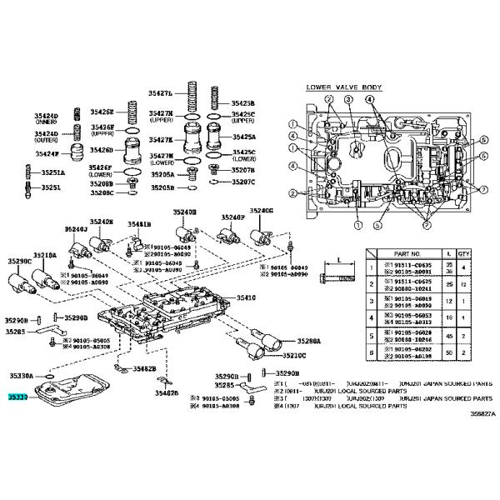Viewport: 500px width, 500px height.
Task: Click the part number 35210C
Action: point(292,356)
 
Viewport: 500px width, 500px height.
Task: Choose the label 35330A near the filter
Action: point(22,376)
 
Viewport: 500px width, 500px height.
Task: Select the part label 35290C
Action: point(20,262)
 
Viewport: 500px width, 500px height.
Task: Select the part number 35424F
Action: point(47,153)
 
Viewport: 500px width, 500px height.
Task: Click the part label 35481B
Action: point(139,225)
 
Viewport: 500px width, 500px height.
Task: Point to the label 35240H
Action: point(185,213)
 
